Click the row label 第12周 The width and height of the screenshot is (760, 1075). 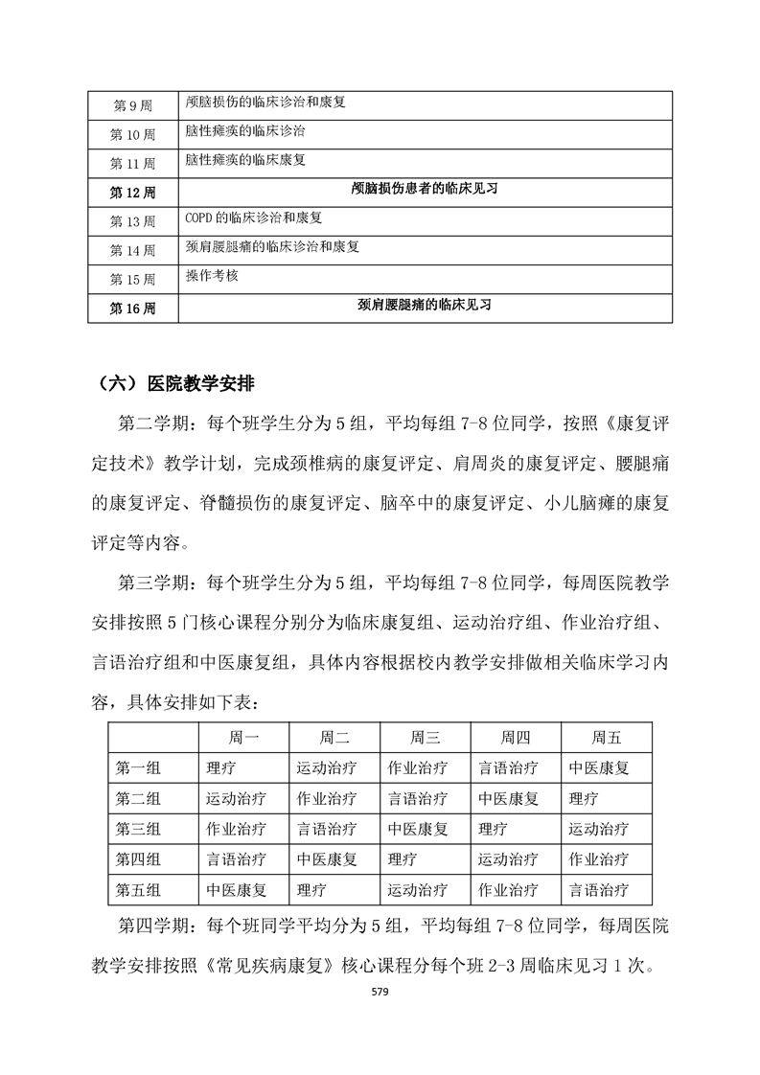coord(132,193)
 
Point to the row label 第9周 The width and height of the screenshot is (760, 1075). coord(132,103)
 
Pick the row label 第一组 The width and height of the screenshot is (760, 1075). coord(138,767)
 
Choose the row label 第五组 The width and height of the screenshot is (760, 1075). coord(138,890)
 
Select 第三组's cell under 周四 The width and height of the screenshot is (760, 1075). coord(493,829)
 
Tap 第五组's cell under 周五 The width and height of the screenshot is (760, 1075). coord(599,890)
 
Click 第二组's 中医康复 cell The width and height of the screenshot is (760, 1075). coord(508,798)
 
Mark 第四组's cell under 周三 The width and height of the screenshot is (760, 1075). coord(403,859)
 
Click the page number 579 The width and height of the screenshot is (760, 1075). coord(380,992)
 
